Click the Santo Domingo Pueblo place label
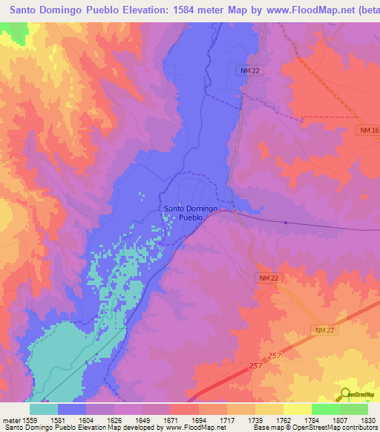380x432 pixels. pos(191,214)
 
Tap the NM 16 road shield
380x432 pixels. pos(367,131)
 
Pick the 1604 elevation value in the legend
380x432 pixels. pos(100,419)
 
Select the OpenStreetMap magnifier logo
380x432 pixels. pos(344,394)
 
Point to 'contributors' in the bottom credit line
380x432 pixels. pos(358,428)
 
